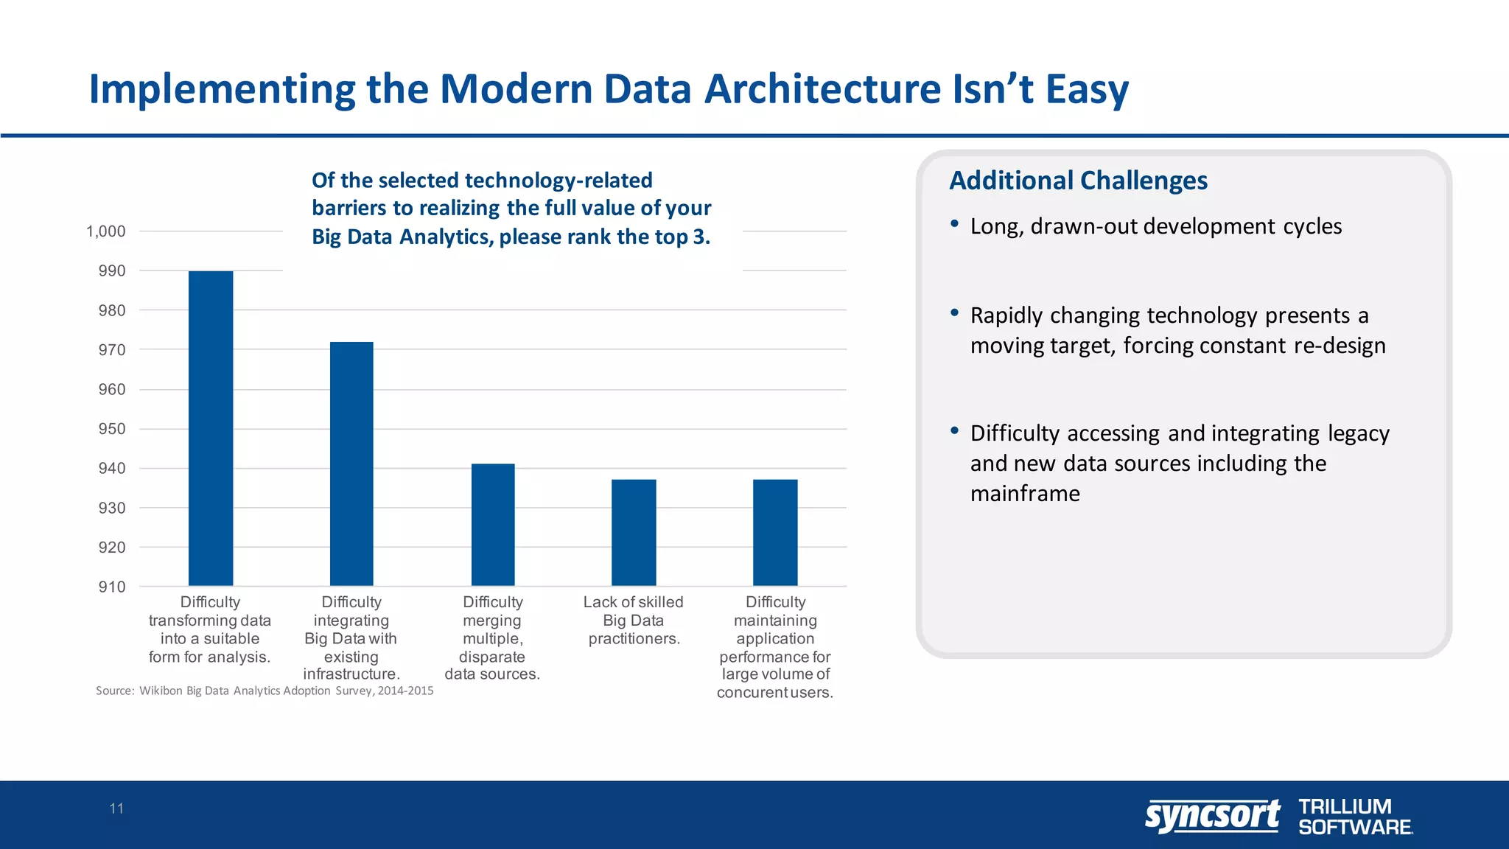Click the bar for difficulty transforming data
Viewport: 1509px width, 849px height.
(x=211, y=428)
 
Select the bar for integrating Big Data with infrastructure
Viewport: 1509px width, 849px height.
(x=351, y=464)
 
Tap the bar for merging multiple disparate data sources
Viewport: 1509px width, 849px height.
(x=493, y=525)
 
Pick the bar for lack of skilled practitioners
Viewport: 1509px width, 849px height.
(x=634, y=532)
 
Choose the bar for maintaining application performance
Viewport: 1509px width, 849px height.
(x=775, y=532)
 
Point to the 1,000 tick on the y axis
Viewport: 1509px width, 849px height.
(x=106, y=231)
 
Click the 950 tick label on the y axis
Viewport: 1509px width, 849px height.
(x=112, y=429)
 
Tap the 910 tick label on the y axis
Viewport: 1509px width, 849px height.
(x=112, y=587)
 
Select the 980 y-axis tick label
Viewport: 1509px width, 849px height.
(x=112, y=310)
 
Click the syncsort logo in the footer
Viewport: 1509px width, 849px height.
(x=1212, y=816)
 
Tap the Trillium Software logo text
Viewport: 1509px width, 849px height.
(x=1354, y=817)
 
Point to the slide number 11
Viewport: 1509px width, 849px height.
(x=116, y=808)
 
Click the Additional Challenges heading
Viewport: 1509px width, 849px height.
(x=1078, y=181)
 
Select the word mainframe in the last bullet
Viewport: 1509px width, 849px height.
(x=1025, y=493)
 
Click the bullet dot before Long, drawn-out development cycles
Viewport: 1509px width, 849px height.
(x=954, y=223)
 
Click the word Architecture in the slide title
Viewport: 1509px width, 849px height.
(x=822, y=88)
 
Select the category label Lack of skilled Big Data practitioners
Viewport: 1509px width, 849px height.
(x=634, y=620)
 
